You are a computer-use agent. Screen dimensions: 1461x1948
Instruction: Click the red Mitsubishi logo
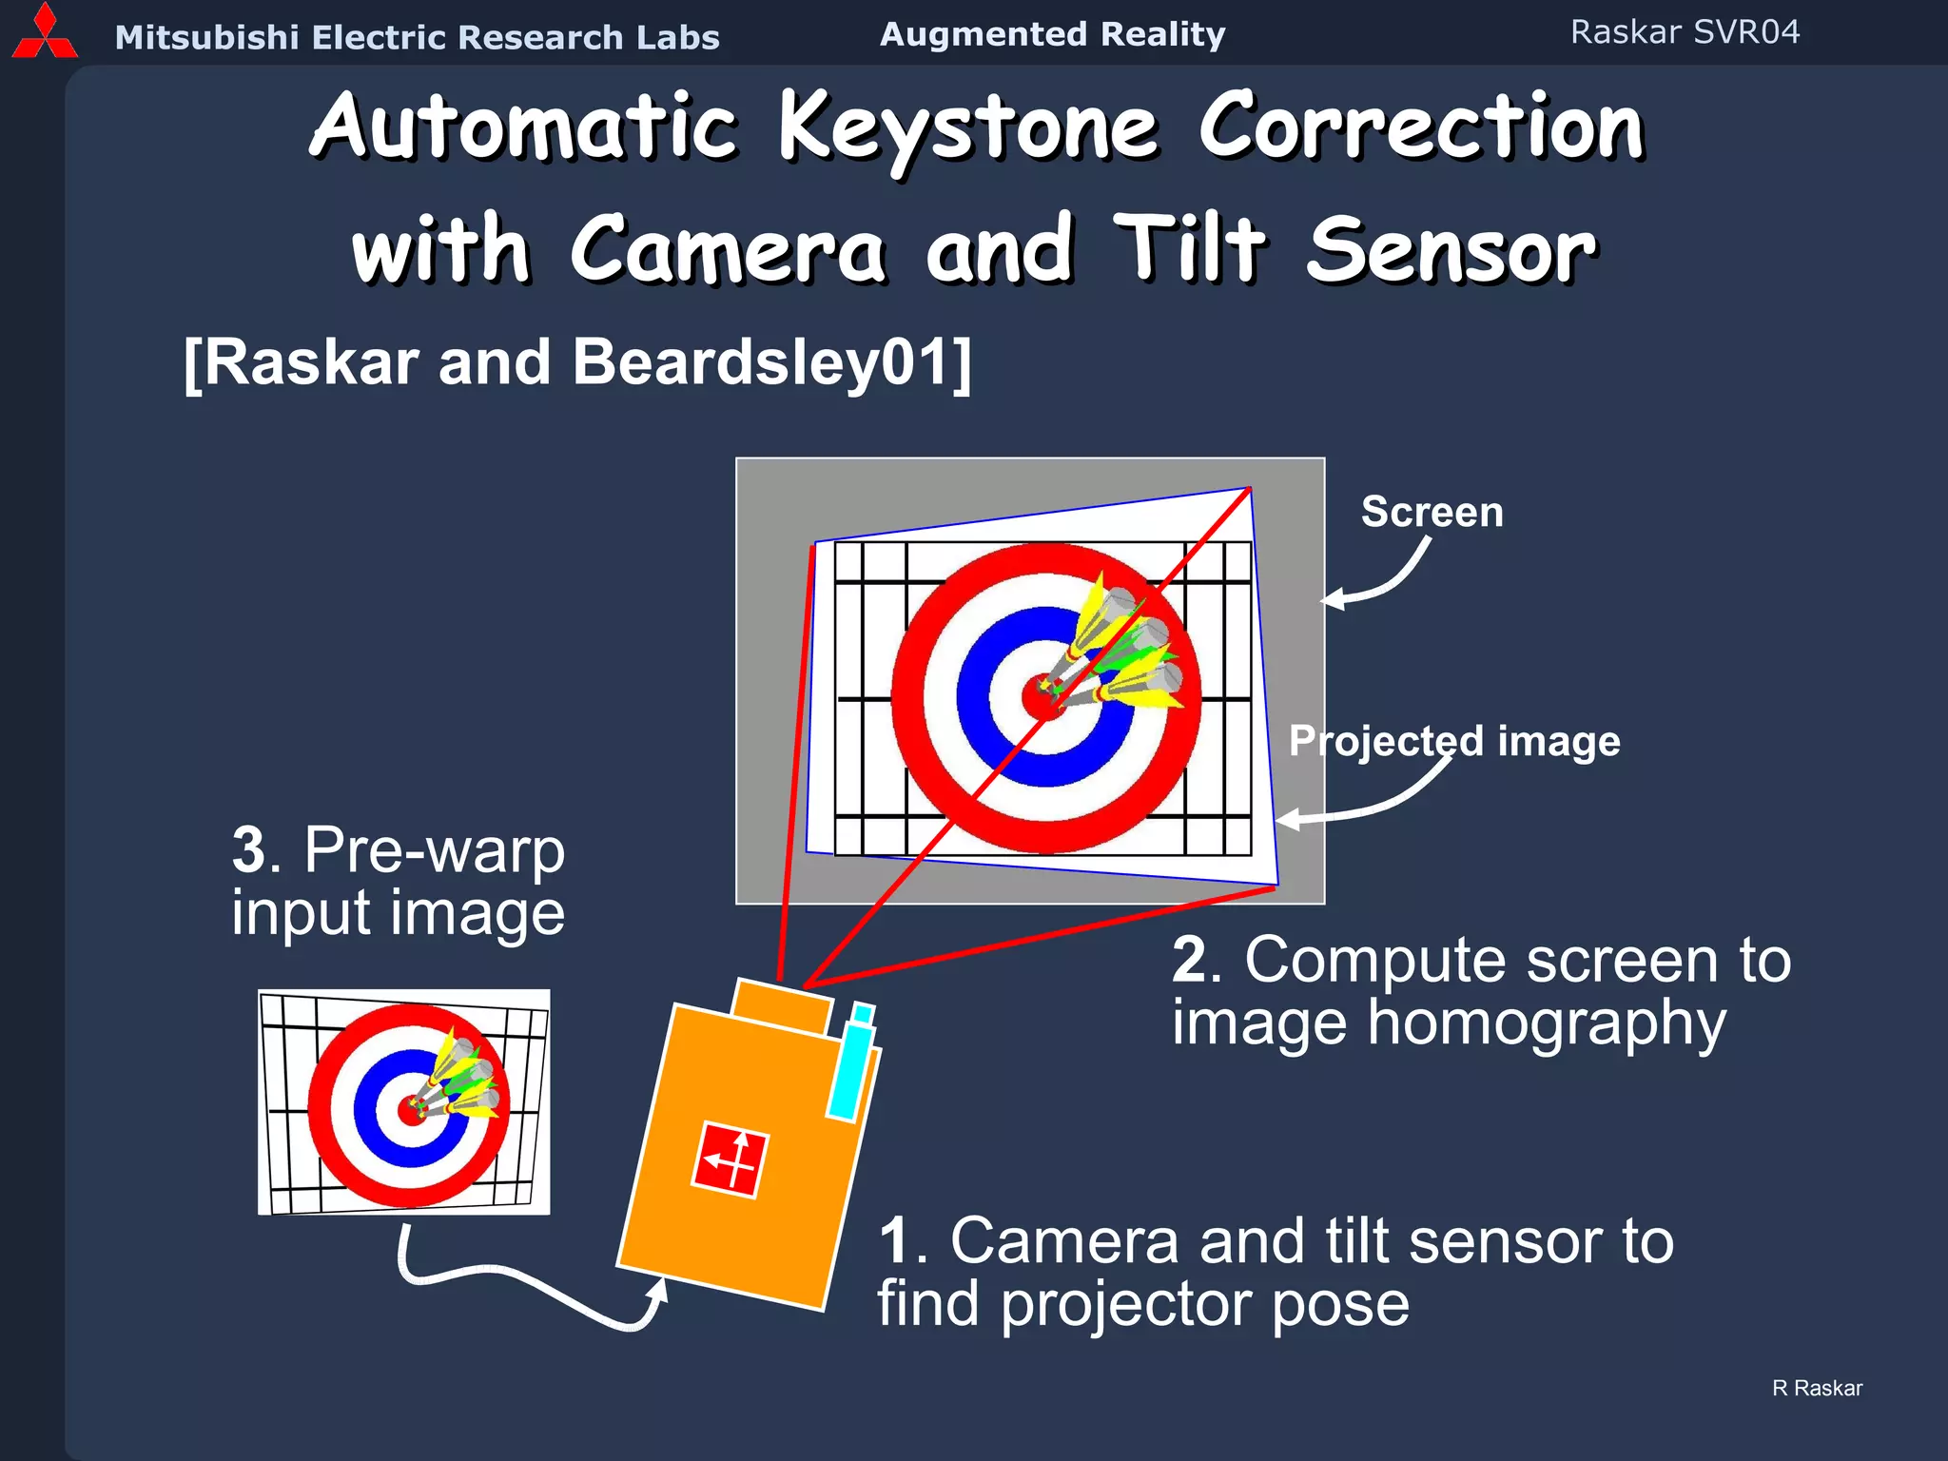[44, 33]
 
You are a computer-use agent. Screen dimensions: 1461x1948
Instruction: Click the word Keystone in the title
[968, 128]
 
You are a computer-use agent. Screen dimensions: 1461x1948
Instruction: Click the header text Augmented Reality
[1052, 34]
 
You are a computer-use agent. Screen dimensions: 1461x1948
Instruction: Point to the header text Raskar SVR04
[1685, 32]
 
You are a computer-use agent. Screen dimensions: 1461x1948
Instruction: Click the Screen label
[1432, 513]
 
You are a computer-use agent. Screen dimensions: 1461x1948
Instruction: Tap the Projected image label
[1454, 741]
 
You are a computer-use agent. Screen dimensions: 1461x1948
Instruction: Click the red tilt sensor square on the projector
[729, 1159]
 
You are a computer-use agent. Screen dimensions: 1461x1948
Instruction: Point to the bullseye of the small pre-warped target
[412, 1109]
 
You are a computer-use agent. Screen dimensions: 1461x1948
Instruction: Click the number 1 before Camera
[896, 1241]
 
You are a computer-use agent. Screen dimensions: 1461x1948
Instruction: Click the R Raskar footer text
[1817, 1388]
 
